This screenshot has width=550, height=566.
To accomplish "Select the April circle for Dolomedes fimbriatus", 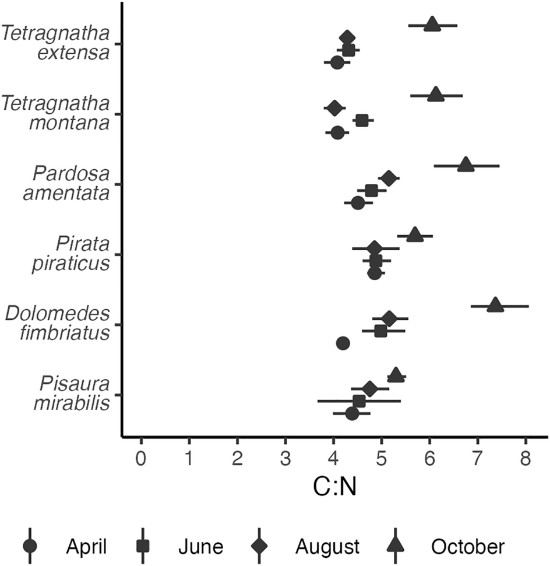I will click(x=343, y=343).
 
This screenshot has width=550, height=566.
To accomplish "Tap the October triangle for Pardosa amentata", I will click(x=465, y=165).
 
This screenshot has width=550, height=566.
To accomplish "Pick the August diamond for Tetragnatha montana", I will click(x=334, y=108).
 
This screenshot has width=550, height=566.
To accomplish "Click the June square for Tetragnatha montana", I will click(x=362, y=120).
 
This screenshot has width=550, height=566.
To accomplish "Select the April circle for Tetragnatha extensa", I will click(x=337, y=63).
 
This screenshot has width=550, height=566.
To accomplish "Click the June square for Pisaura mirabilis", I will click(x=359, y=401).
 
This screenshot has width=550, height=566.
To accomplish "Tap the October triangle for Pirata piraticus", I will click(x=415, y=235).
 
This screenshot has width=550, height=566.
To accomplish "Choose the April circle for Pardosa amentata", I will click(x=358, y=203).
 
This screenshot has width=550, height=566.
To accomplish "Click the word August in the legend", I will click(x=327, y=547).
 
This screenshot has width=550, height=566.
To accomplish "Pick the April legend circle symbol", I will click(x=30, y=547).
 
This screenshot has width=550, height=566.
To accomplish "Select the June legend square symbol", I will click(x=143, y=547).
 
